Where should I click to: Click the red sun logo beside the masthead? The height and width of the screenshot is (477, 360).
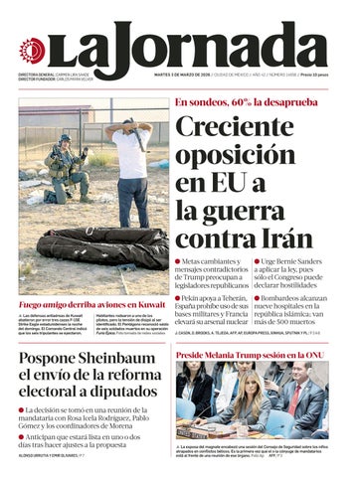(x=33, y=50)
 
